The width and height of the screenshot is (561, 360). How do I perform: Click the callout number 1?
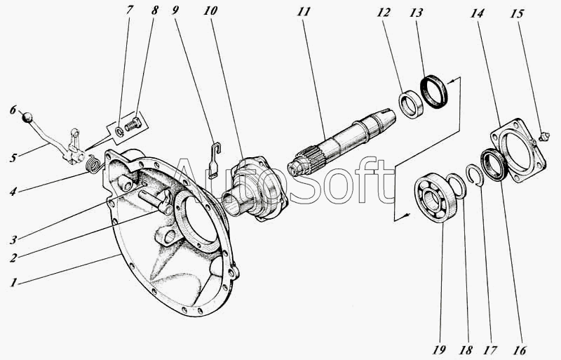(x=13, y=283)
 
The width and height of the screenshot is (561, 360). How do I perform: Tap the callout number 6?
(x=13, y=109)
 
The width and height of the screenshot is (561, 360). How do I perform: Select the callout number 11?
(x=303, y=12)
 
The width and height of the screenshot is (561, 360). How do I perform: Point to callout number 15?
(x=517, y=13)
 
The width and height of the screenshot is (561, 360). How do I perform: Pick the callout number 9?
(x=175, y=10)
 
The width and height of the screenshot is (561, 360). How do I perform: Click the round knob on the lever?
(x=27, y=117)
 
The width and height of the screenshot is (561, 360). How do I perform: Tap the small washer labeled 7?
(x=121, y=131)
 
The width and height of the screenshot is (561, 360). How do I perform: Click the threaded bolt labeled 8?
(x=133, y=125)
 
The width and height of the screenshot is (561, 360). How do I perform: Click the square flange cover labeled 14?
(x=517, y=152)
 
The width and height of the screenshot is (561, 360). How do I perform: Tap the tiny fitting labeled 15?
(x=544, y=136)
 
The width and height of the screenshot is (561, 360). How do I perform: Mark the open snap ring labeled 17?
(x=476, y=175)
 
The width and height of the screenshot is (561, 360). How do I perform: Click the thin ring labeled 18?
(x=457, y=185)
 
